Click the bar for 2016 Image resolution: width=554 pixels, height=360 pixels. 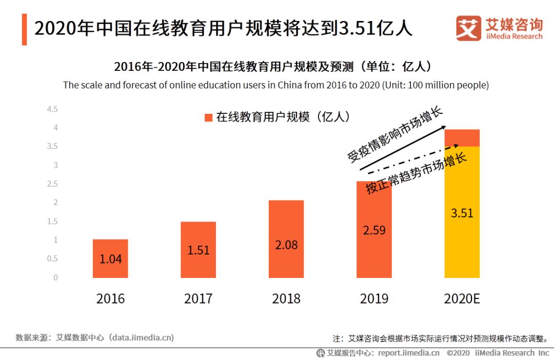110,258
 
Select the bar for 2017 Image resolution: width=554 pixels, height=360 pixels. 198,250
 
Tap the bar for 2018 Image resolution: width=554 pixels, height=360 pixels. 286,239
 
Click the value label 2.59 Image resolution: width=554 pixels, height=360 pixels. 374,230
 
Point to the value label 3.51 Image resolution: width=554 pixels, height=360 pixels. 462,213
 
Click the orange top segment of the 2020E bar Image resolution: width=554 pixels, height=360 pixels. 462,138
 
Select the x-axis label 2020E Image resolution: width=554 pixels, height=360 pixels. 462,298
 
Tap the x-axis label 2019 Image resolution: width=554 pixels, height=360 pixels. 374,298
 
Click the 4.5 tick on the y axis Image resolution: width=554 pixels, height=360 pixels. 52,109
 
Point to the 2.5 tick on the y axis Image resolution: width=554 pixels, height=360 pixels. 52,184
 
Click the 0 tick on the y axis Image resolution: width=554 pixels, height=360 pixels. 55,277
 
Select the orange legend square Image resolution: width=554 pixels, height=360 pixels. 208,117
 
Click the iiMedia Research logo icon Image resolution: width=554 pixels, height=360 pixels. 468,28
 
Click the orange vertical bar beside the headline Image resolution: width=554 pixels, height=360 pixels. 24,30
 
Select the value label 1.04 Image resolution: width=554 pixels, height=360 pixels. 110,259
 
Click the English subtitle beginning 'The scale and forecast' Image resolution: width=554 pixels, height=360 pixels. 276,85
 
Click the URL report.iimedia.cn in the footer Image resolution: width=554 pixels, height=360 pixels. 408,353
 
